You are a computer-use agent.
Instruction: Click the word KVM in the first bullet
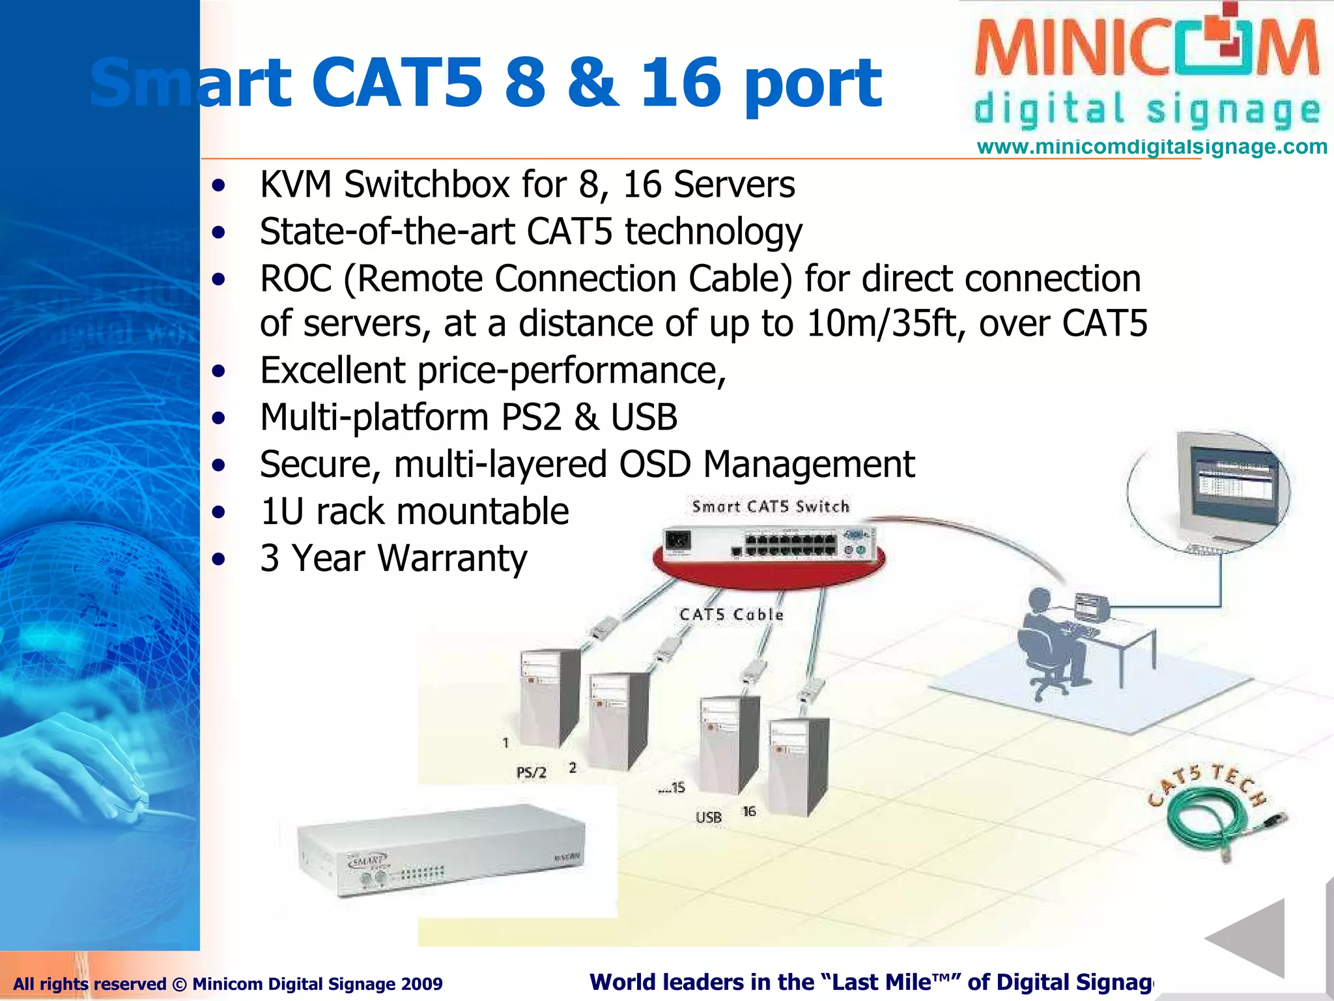(296, 184)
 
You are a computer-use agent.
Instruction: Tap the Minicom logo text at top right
(1146, 49)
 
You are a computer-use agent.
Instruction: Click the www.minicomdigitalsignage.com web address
(1152, 147)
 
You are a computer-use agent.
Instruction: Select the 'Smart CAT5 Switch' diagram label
(771, 506)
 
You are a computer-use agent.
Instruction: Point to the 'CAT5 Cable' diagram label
(731, 615)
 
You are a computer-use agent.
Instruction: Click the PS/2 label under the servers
(531, 773)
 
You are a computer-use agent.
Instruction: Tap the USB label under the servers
(709, 817)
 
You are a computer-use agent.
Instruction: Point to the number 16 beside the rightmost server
(749, 811)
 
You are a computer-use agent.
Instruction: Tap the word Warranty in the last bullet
(452, 559)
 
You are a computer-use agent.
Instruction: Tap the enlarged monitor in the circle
(1225, 489)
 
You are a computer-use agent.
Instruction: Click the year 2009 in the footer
(421, 984)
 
